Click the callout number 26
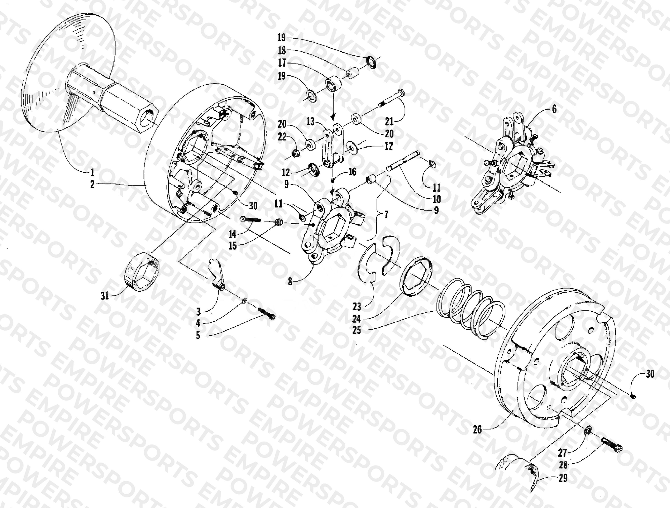pyautogui.click(x=477, y=430)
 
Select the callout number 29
pyautogui.click(x=563, y=478)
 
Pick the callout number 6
pyautogui.click(x=554, y=109)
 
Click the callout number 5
pyautogui.click(x=198, y=336)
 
